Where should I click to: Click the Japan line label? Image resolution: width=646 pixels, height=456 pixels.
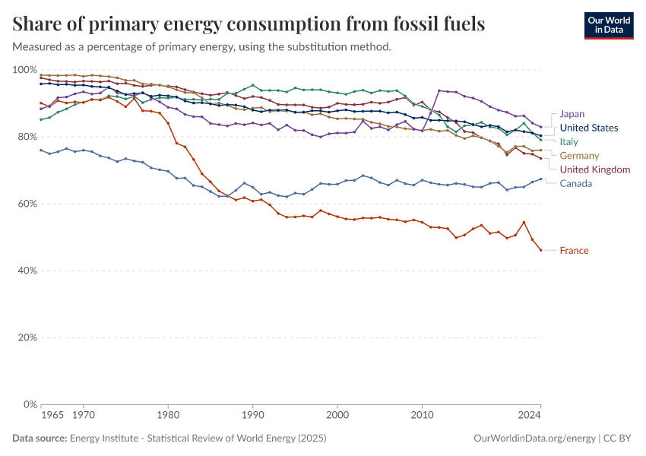[x=572, y=114]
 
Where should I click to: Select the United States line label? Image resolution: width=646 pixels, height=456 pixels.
[x=588, y=128]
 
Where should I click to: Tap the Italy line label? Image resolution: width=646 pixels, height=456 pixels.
[x=569, y=141]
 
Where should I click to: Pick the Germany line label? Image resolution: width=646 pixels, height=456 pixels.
[x=579, y=155]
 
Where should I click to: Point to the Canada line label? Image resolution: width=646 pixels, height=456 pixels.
[x=575, y=183]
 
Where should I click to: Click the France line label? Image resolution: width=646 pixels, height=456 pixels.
[x=574, y=250]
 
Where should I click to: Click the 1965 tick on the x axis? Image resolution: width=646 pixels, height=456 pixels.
[x=52, y=415]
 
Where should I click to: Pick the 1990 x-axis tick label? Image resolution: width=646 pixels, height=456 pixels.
[x=252, y=415]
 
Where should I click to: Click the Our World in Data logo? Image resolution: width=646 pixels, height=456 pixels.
[x=609, y=25]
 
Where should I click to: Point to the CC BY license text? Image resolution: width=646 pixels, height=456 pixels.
[x=619, y=439]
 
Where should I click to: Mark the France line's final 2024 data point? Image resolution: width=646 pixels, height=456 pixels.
[x=540, y=250]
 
